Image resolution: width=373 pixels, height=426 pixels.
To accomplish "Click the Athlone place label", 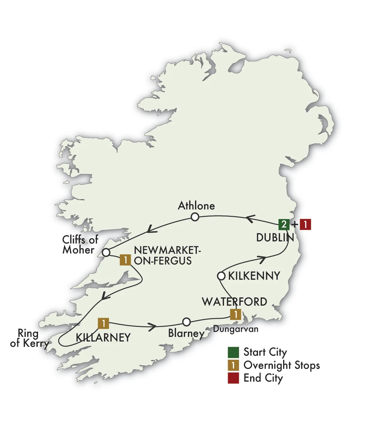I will [x=196, y=206].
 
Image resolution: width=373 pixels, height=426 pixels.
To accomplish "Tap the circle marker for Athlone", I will [x=194, y=217].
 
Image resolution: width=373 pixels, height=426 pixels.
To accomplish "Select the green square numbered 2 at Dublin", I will [x=283, y=225].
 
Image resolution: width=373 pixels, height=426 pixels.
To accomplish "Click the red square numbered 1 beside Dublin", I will [x=305, y=225].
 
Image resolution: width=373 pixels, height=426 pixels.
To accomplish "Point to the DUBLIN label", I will [x=275, y=238].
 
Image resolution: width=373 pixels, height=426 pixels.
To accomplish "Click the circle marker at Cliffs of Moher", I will [x=106, y=252].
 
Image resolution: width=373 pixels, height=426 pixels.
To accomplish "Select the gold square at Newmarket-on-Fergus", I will [x=125, y=260].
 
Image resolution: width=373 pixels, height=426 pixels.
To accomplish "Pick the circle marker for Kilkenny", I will [x=221, y=276].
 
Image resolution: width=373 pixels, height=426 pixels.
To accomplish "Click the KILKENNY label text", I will [x=254, y=276].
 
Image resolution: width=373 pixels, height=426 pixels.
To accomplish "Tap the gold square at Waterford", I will [x=236, y=315].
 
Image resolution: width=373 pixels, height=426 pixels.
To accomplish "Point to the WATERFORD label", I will [x=234, y=302].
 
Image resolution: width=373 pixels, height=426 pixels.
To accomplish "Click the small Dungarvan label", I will [x=236, y=329].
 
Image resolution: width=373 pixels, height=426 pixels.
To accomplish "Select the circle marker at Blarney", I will [x=186, y=322].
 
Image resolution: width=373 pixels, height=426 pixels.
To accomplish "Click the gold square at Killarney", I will [x=103, y=323].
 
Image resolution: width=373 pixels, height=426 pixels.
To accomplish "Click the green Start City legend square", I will [x=233, y=353].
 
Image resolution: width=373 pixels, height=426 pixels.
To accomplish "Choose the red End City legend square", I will [x=233, y=378].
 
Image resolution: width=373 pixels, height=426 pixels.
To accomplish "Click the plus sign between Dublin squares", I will [x=294, y=225].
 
